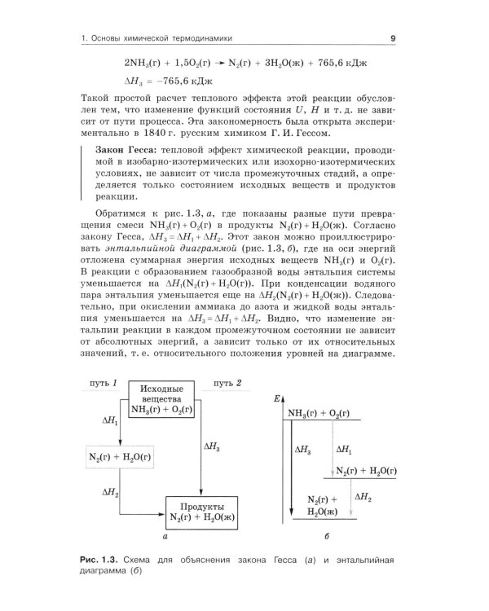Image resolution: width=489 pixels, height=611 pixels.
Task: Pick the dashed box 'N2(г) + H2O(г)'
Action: click(x=120, y=456)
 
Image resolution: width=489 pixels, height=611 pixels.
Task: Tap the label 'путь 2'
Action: click(x=227, y=383)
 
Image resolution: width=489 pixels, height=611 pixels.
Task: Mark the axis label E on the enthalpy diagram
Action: click(x=278, y=397)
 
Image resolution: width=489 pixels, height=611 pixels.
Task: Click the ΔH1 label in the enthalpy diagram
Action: click(x=346, y=449)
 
